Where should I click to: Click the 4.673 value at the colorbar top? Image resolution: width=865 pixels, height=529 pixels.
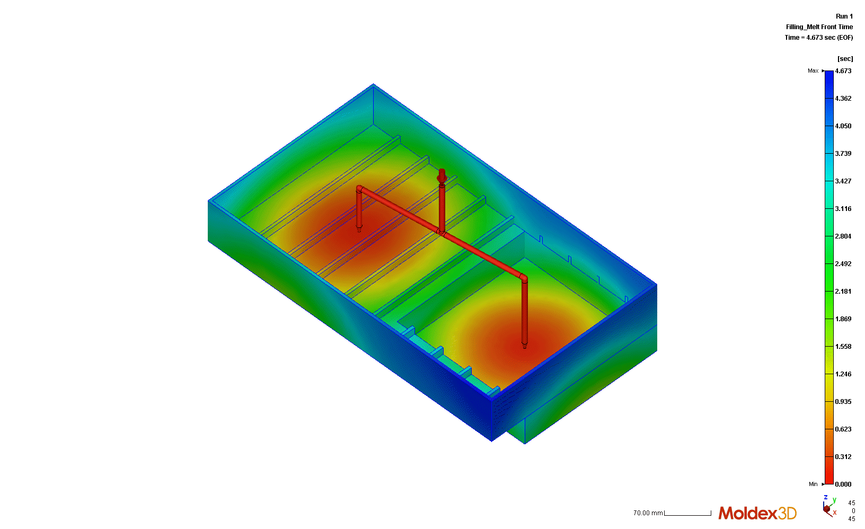pos(843,71)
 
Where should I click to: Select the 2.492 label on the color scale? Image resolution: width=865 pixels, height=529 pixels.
pos(843,264)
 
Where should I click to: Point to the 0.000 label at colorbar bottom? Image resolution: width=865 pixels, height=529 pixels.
pos(843,484)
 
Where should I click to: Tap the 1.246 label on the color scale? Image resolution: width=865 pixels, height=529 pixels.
pos(843,374)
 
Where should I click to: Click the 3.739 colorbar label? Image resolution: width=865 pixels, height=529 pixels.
pos(843,154)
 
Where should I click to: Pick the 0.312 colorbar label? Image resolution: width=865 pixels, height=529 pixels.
pos(843,457)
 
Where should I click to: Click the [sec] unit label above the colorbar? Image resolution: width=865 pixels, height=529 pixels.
pos(845,59)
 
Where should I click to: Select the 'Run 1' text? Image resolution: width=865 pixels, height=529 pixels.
pos(844,16)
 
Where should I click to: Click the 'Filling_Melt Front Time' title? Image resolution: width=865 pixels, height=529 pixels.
pos(819,27)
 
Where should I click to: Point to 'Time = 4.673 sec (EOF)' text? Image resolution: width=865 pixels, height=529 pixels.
pos(818,38)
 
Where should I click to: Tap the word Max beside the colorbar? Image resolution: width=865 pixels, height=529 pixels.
pos(813,71)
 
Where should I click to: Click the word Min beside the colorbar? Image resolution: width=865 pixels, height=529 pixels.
pos(813,484)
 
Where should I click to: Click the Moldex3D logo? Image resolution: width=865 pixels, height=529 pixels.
pos(757,513)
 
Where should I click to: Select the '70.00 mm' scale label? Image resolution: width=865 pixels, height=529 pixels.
pos(648,513)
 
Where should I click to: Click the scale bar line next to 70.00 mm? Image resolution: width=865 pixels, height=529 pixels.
pos(687,514)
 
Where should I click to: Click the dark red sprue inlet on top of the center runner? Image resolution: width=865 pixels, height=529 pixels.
pos(442,175)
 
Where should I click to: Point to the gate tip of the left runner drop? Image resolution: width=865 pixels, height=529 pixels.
pos(359,230)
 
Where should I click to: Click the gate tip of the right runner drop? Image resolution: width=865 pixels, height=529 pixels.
pos(525,346)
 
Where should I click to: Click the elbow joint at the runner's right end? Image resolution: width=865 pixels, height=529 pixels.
pos(524,278)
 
